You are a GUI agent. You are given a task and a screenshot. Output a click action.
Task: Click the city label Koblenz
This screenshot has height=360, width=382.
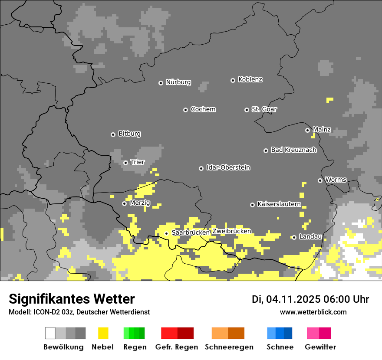pyautogui.click(x=250, y=80)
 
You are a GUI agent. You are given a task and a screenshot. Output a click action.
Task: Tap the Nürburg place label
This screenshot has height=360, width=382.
pyautogui.click(x=178, y=82)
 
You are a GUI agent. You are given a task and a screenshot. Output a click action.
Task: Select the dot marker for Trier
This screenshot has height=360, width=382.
pyautogui.click(x=125, y=163)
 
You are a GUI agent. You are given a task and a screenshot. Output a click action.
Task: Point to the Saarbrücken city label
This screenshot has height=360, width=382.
pyautogui.click(x=191, y=233)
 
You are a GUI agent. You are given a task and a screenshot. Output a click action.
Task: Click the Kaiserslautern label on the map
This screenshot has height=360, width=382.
pyautogui.click(x=279, y=204)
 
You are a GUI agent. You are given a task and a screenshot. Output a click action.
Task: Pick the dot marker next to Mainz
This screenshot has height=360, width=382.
pyautogui.click(x=307, y=130)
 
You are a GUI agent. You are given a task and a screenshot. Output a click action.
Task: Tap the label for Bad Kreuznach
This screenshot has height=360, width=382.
pyautogui.click(x=293, y=150)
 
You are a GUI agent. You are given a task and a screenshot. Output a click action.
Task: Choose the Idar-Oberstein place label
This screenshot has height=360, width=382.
pyautogui.click(x=228, y=168)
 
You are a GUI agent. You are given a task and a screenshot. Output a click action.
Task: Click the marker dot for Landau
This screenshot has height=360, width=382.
pyautogui.click(x=294, y=237)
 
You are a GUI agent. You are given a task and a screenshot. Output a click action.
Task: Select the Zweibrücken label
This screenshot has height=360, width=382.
pyautogui.click(x=231, y=232)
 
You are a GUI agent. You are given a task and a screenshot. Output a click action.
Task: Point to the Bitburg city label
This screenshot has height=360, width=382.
pyautogui.click(x=129, y=134)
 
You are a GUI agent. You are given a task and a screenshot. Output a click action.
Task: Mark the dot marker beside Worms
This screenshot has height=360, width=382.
pyautogui.click(x=320, y=180)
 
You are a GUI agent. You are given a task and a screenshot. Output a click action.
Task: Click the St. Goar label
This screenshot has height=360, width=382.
pyautogui.click(x=264, y=110)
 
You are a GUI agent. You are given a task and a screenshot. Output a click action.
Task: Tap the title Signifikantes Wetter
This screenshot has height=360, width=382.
pyautogui.click(x=72, y=299)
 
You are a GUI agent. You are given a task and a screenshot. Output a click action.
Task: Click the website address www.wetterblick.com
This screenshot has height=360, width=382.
pyautogui.click(x=313, y=312)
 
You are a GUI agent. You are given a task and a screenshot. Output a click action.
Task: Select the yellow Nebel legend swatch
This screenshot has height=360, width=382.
pyautogui.click(x=103, y=333)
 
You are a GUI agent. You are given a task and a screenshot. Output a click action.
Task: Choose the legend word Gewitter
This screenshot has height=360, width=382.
pyautogui.click(x=320, y=347)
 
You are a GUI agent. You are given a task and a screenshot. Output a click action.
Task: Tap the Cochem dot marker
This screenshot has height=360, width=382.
pyautogui.click(x=185, y=110)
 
